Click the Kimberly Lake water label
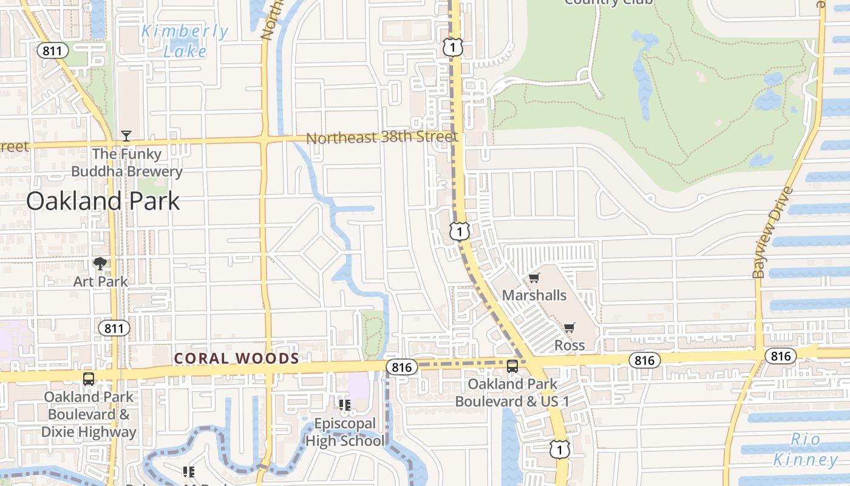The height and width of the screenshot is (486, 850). tap(185, 41)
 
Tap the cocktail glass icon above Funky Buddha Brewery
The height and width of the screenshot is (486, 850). tap(126, 135)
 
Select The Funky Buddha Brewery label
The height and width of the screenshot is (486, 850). tap(127, 163)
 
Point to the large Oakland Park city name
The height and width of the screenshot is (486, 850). tap(103, 201)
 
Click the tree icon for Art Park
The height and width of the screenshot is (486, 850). tap(100, 264)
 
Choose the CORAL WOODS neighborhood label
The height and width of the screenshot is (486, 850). tap(237, 358)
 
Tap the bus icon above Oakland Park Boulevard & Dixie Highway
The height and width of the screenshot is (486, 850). tap(89, 379)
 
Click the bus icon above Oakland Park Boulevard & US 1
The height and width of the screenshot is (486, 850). tap(512, 366)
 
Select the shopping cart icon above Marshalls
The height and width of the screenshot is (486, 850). tap(534, 278)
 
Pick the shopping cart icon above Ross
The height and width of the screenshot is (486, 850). tap(569, 328)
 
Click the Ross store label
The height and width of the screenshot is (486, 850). tap(569, 345)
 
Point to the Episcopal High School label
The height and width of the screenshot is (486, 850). tap(345, 432)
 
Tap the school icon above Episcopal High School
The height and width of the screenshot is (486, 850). tap(345, 405)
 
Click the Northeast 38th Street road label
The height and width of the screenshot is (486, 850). tap(381, 137)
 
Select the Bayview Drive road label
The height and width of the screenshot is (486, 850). tap(772, 233)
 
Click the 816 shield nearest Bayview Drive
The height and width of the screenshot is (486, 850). tap(780, 355)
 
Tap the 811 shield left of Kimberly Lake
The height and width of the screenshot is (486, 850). tap(52, 50)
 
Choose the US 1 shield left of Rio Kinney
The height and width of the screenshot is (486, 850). tap(559, 449)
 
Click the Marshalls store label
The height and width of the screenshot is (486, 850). tap(534, 295)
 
